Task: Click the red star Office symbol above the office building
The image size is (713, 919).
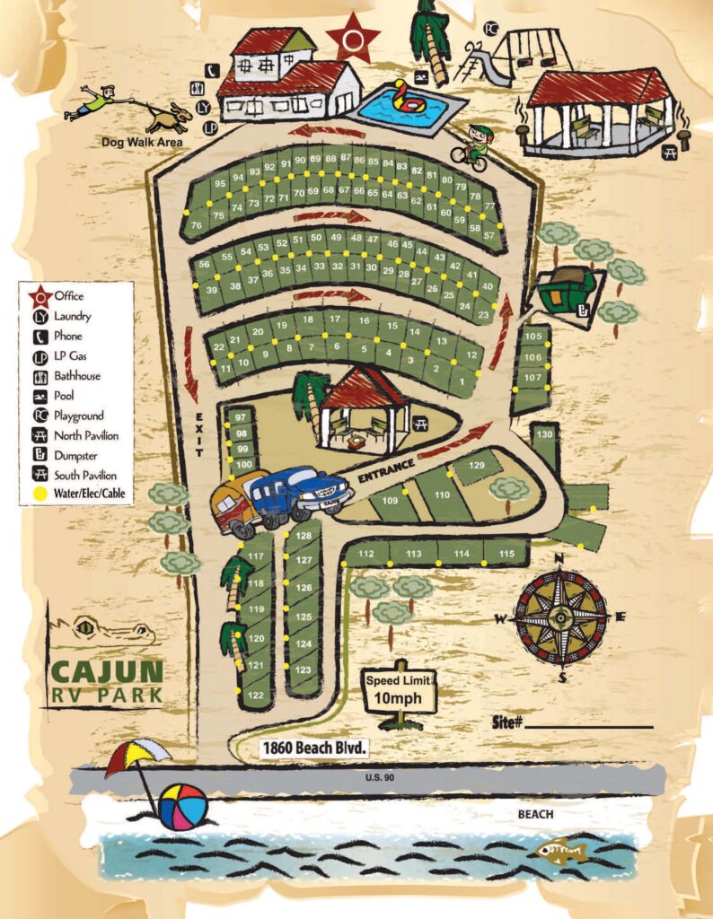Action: (x=353, y=38)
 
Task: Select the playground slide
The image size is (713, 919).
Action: (x=478, y=66)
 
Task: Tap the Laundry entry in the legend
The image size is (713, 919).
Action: (x=72, y=316)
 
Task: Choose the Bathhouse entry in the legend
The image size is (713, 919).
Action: (x=76, y=376)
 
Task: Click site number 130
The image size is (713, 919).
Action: (x=544, y=434)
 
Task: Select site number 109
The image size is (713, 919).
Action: (x=390, y=501)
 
